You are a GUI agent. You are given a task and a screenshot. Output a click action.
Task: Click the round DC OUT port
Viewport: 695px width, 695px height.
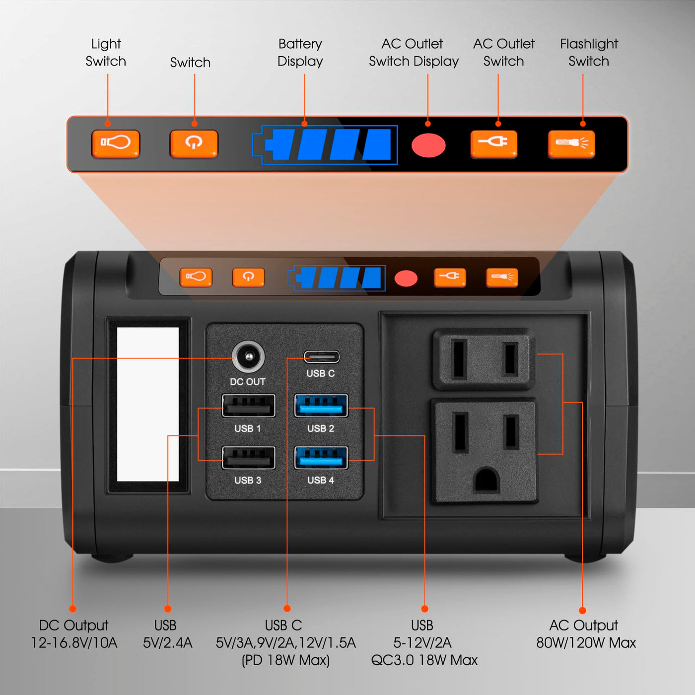tap(248, 357)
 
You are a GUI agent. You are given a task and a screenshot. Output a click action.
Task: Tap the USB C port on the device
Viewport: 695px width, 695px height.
tap(321, 357)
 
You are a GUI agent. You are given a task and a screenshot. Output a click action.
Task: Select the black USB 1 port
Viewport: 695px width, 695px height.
tap(249, 406)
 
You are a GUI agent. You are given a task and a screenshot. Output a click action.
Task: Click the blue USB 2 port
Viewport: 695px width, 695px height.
tap(321, 406)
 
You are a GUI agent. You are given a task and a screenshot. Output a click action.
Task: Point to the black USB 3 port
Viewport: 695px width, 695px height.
tap(249, 458)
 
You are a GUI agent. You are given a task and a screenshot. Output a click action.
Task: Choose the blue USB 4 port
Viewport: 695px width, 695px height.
tap(321, 458)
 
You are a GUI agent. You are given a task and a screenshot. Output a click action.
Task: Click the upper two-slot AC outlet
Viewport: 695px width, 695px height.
tap(484, 359)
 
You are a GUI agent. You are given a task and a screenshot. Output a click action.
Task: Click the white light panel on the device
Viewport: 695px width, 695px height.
tap(148, 404)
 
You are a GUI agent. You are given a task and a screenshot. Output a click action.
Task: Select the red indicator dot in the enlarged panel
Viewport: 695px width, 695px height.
tap(428, 145)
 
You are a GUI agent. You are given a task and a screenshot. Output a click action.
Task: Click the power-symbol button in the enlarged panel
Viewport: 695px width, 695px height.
tap(194, 144)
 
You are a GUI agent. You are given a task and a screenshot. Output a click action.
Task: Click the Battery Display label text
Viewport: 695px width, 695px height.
tap(300, 53)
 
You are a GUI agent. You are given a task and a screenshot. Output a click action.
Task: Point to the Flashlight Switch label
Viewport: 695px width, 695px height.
tap(589, 53)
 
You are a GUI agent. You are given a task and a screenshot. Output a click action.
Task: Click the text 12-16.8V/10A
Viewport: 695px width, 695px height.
tap(74, 643)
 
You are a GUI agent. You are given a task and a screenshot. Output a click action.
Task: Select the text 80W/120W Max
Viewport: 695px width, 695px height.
tap(586, 643)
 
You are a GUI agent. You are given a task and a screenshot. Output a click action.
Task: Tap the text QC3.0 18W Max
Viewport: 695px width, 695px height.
tap(424, 660)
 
